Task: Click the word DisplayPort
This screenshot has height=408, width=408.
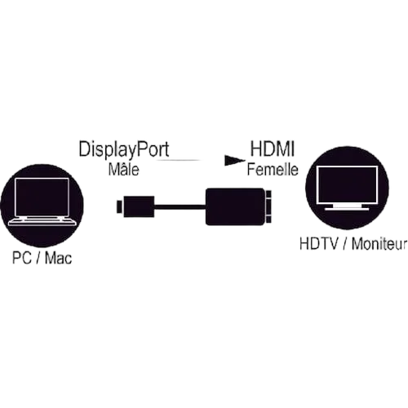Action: pyautogui.click(x=124, y=150)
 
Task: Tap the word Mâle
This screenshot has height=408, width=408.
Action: pyautogui.click(x=123, y=169)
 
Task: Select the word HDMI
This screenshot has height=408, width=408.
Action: pyautogui.click(x=273, y=149)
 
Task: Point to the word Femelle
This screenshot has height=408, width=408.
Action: pyautogui.click(x=273, y=169)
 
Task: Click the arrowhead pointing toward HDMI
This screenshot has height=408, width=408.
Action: pyautogui.click(x=234, y=160)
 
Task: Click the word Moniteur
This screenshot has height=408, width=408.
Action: pyautogui.click(x=379, y=244)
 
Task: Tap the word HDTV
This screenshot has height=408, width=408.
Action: pyautogui.click(x=319, y=244)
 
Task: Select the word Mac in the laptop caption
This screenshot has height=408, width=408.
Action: pyautogui.click(x=58, y=258)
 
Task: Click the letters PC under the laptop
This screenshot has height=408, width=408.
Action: pyautogui.click(x=22, y=258)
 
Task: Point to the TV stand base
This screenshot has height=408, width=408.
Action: pyautogui.click(x=347, y=209)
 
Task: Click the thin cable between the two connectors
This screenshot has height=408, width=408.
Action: pyautogui.click(x=180, y=207)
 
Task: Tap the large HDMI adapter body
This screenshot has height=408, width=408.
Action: pyautogui.click(x=235, y=206)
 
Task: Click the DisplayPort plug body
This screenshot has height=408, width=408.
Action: pyautogui.click(x=139, y=206)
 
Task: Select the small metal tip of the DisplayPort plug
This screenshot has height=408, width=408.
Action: pyautogui.click(x=120, y=206)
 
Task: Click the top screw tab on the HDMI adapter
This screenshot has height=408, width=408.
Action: pyautogui.click(x=269, y=194)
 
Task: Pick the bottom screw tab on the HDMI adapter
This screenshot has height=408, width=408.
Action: pyautogui.click(x=269, y=220)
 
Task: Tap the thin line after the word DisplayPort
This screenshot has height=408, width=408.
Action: pyautogui.click(x=178, y=160)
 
